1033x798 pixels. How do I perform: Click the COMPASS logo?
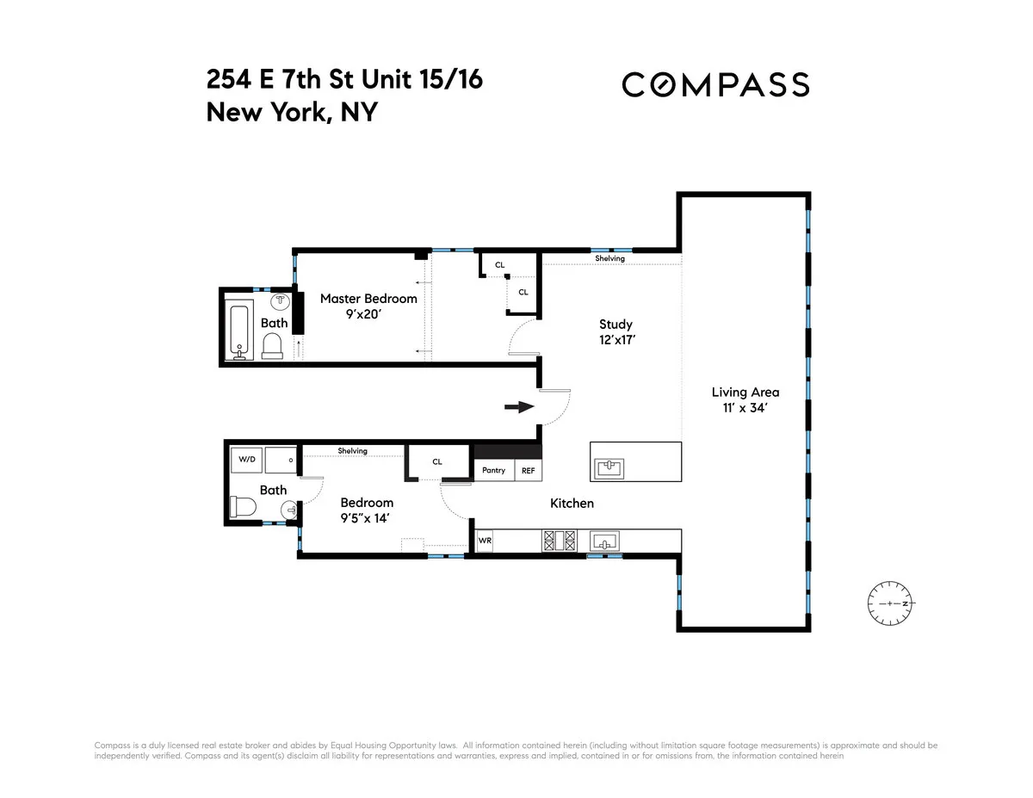pyautogui.click(x=715, y=84)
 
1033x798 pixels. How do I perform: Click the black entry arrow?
pyautogui.click(x=518, y=407)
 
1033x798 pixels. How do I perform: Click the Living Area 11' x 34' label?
pyautogui.click(x=745, y=400)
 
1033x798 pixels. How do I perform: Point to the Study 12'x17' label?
pyautogui.click(x=615, y=331)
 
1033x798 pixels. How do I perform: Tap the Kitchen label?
pyautogui.click(x=572, y=503)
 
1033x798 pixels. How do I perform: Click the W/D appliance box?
pyautogui.click(x=247, y=460)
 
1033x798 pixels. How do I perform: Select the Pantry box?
pyautogui.click(x=493, y=470)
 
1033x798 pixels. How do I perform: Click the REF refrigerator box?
pyautogui.click(x=528, y=470)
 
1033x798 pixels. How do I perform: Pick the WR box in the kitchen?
pyautogui.click(x=484, y=541)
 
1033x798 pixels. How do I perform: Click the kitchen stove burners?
pyautogui.click(x=558, y=541)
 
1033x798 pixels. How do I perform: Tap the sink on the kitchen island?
pyautogui.click(x=609, y=468)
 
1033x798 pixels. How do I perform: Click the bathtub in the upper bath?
pyautogui.click(x=238, y=327)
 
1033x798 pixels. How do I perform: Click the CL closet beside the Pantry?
pyautogui.click(x=437, y=462)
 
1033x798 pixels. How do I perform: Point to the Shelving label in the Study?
pyautogui.click(x=609, y=258)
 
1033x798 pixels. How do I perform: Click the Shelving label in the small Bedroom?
pyautogui.click(x=352, y=451)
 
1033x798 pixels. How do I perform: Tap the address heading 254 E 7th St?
pyautogui.click(x=344, y=80)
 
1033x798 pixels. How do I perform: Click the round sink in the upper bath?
pyautogui.click(x=281, y=302)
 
